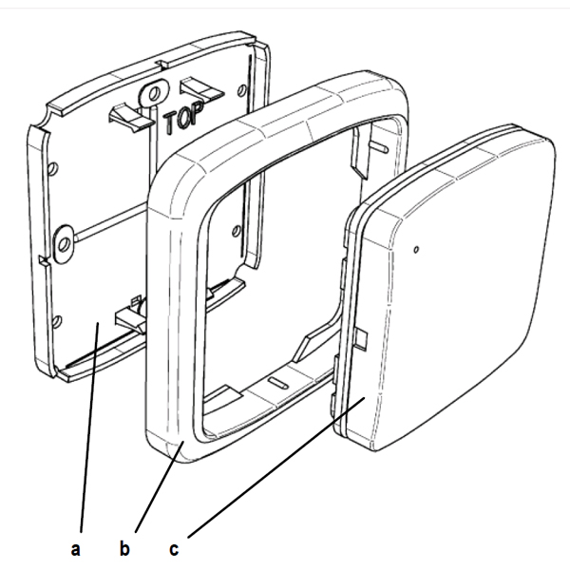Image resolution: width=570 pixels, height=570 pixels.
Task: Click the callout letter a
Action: [x=75, y=548]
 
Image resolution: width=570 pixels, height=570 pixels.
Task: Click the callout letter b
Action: [x=124, y=547]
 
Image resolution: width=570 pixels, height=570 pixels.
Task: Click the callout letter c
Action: [x=174, y=549]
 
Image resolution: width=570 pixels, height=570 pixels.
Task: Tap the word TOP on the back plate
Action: [x=182, y=117]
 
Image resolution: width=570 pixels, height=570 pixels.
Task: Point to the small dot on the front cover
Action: [x=417, y=249]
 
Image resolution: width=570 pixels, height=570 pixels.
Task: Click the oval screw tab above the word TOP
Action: [x=154, y=93]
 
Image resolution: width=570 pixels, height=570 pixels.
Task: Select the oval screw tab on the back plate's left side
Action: [x=64, y=243]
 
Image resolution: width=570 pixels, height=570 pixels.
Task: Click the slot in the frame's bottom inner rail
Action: [x=278, y=383]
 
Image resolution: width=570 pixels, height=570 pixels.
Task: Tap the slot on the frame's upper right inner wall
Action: [x=378, y=146]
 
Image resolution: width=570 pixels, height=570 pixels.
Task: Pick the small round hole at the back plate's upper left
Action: [x=52, y=168]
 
